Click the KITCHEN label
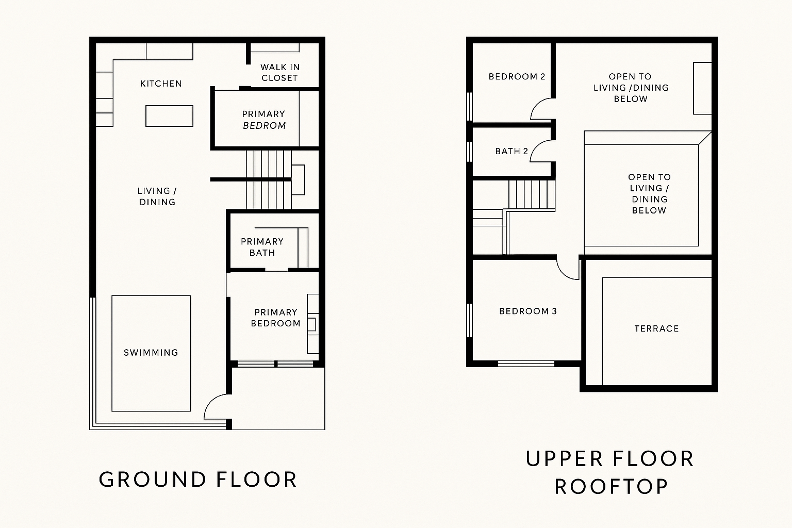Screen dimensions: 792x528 click(x=161, y=84)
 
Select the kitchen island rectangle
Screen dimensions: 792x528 click(x=169, y=116)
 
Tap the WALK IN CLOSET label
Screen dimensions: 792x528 click(x=279, y=73)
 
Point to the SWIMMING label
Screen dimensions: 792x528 click(x=151, y=353)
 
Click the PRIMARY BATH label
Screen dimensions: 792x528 click(x=262, y=247)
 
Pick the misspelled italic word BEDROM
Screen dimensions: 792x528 click(x=264, y=125)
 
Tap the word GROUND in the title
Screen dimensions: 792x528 click(x=153, y=480)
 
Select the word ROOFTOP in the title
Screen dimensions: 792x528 click(x=612, y=487)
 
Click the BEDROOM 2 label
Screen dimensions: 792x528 click(x=517, y=77)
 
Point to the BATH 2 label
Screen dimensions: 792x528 click(x=511, y=152)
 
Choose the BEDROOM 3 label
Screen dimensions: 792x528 click(x=528, y=311)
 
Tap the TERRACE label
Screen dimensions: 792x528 click(x=656, y=329)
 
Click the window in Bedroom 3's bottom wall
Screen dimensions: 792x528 click(x=526, y=364)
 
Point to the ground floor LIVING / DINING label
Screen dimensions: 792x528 click(x=157, y=196)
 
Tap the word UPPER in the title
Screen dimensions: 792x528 click(x=564, y=459)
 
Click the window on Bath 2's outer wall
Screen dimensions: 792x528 click(x=470, y=152)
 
